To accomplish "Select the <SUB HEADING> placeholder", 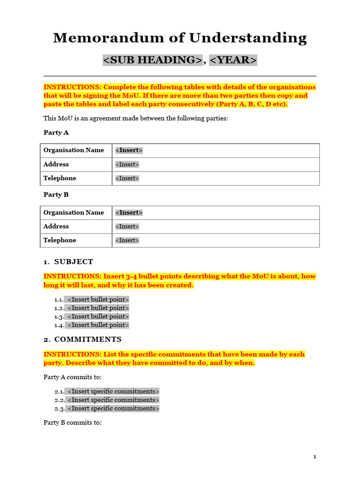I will pos(152,60).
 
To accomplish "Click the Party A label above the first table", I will pos(56,133).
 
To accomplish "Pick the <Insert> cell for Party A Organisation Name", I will pos(129,150).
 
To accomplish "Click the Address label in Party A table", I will pos(56,165).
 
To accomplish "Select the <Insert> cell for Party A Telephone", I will pos(127,179).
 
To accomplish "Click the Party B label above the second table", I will pos(56,195).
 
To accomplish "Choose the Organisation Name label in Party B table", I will pos(74,213).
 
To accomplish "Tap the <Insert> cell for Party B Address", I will pos(127,226).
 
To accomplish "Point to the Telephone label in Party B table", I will pos(60,240).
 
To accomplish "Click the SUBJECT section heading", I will pos(74,262).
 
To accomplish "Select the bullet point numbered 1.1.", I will pos(98,300).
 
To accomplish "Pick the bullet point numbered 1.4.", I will pos(98,325).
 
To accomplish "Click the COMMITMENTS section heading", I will pos(88,339).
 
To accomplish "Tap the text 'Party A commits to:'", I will pos(73,377).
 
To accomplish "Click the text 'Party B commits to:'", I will pos(73,423).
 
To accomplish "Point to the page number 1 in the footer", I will pos(315,457).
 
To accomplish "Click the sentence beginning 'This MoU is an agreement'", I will pos(135,119).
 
